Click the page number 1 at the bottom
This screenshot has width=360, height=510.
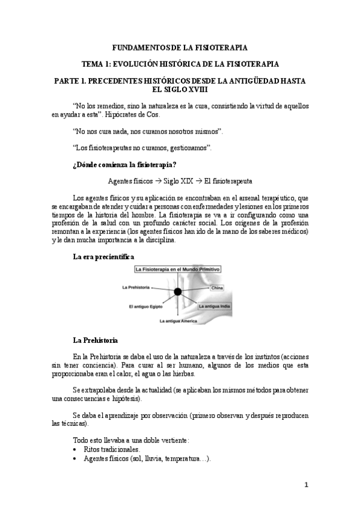(305, 485)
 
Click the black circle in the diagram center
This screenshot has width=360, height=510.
(178, 292)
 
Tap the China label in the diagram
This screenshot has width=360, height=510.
(217, 289)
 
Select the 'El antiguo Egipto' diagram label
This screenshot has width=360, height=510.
(145, 306)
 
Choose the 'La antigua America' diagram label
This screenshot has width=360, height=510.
(183, 321)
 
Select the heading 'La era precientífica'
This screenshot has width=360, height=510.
(99, 257)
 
